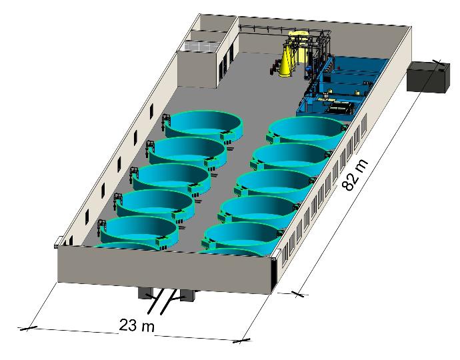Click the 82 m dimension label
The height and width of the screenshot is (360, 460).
[355, 175]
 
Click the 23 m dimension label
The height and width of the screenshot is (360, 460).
[137, 325]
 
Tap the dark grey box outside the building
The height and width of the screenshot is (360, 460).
[428, 77]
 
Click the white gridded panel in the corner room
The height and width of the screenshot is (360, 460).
[201, 47]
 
